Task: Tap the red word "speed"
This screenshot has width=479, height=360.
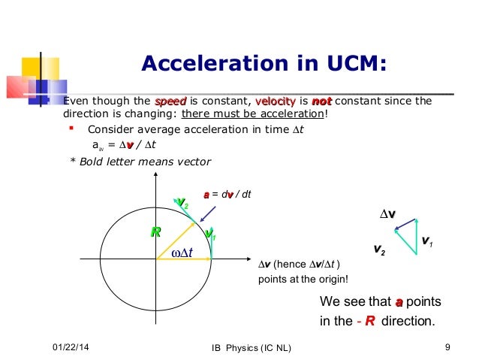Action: coord(170,102)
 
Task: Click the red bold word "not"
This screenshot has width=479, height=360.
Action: coord(321,102)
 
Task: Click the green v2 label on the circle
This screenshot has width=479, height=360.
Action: coord(182,202)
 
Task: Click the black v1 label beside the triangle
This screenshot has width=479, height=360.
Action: coord(426,242)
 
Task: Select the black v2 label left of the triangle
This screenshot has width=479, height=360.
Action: coord(380,248)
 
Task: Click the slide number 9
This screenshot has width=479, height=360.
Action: coord(447,346)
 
